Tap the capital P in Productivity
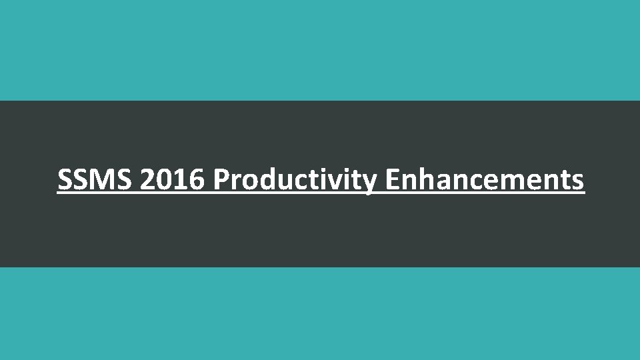click(221, 179)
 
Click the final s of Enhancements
click(578, 181)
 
